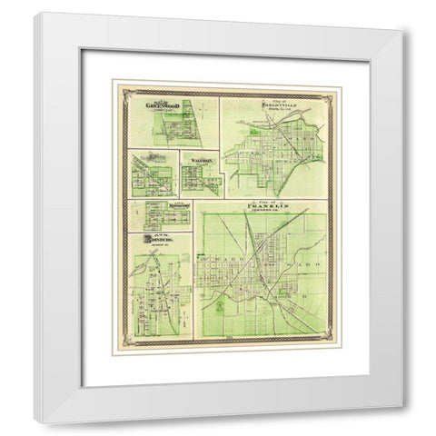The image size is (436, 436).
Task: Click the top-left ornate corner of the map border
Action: tap(114, 84)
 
